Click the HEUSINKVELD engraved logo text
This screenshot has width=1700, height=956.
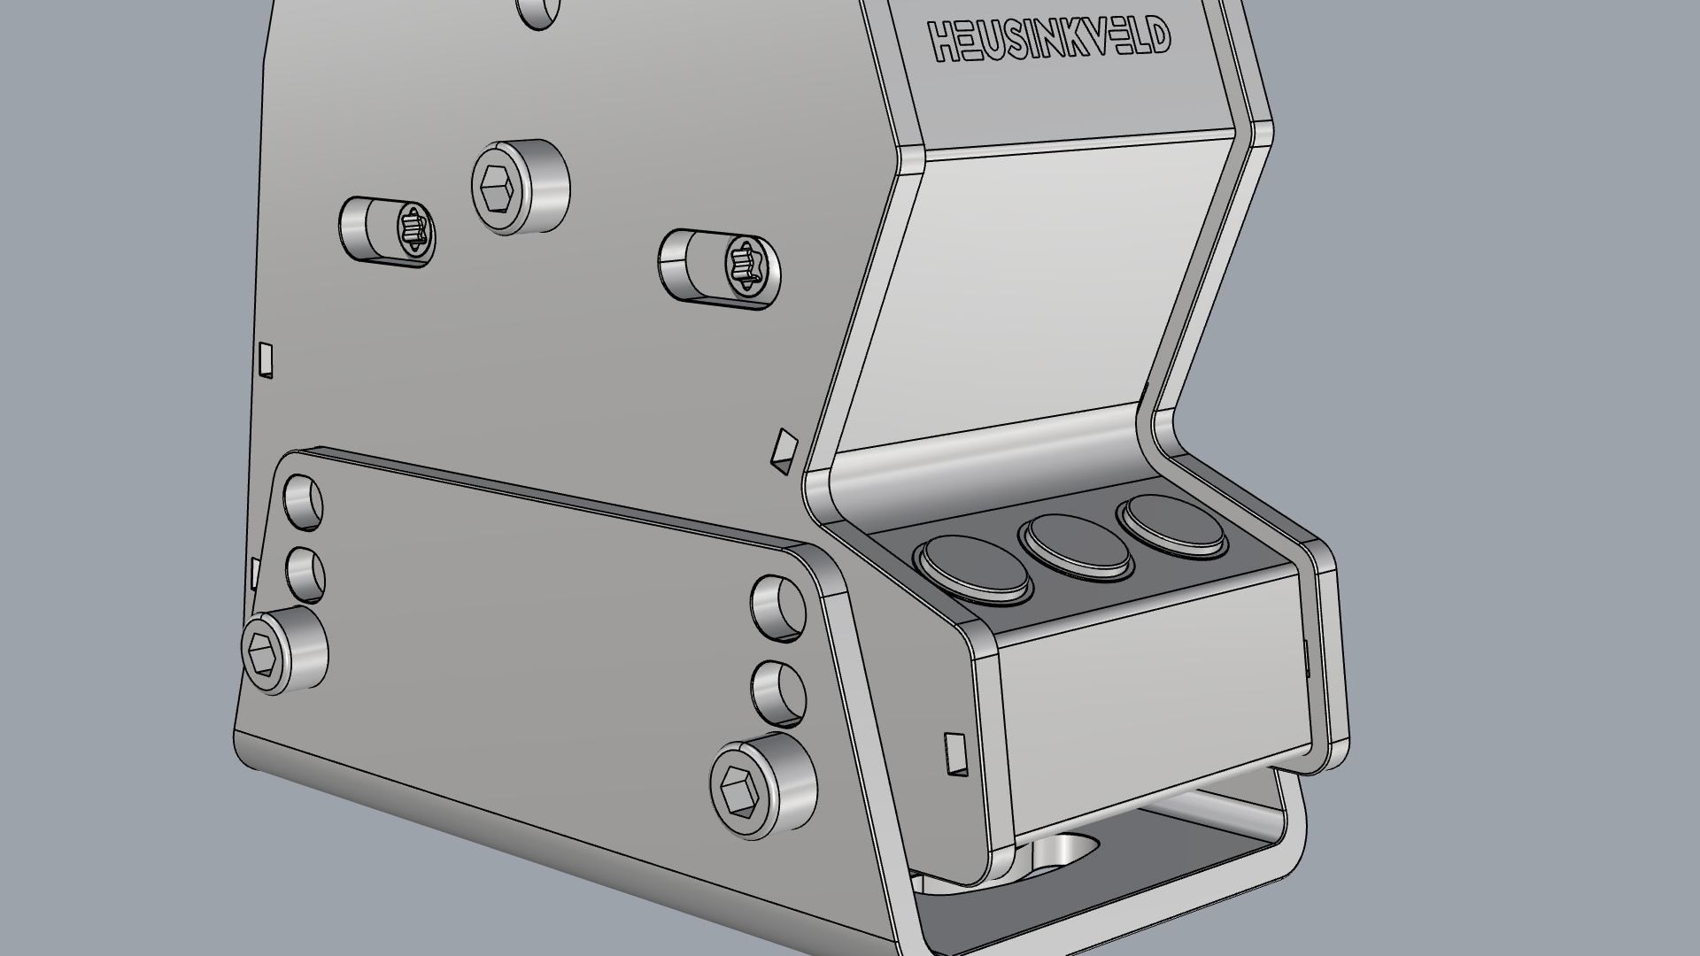[x=1049, y=41]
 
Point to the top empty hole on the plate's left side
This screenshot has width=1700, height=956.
[x=303, y=501]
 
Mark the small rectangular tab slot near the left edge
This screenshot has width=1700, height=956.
[x=266, y=358]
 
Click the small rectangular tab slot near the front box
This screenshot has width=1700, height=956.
[x=954, y=752]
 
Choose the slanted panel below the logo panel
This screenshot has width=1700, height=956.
[x=1027, y=292]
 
